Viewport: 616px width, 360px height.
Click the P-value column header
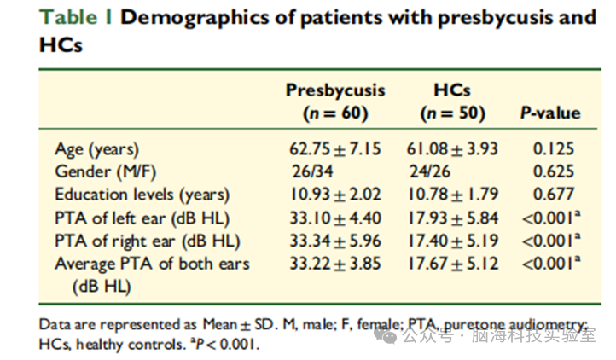550,113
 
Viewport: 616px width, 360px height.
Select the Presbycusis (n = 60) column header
335,102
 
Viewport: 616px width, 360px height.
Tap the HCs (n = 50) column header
452,102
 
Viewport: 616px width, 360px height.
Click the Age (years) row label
97,149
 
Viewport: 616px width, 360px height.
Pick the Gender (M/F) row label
106,171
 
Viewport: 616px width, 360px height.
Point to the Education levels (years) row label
142,195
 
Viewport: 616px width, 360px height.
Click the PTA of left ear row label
142,218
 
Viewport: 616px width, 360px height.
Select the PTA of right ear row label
148,241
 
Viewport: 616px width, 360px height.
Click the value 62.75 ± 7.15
335,149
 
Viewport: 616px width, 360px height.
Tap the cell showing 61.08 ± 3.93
452,149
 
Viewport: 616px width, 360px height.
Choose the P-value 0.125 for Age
554,149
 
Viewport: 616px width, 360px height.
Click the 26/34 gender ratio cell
312,171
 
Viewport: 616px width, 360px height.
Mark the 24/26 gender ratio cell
430,171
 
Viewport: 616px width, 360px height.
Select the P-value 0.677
554,195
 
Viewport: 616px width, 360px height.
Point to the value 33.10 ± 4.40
335,218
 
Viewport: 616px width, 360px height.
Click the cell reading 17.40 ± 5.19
452,241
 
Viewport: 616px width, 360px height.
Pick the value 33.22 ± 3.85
335,264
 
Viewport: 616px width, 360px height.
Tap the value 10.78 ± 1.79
452,195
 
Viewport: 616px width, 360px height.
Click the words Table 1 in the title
76,17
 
